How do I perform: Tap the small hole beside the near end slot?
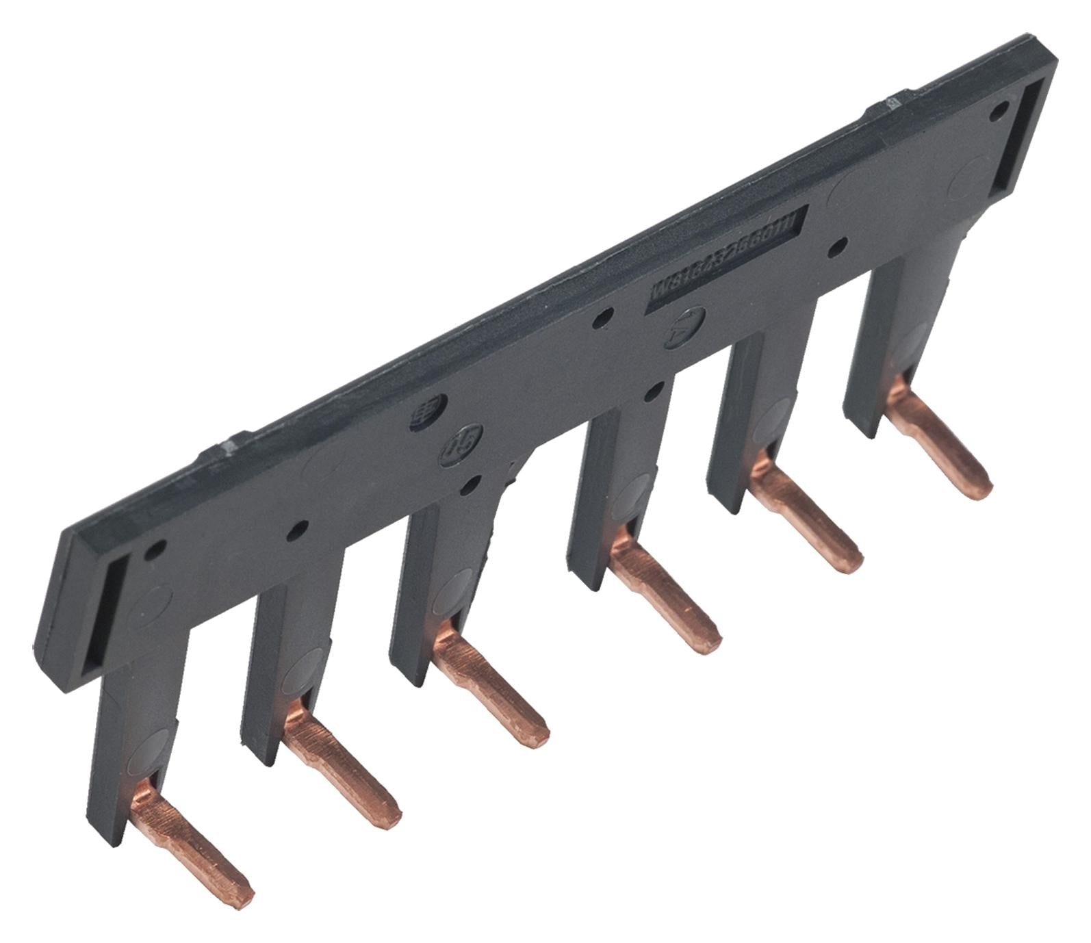pos(157,547)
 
